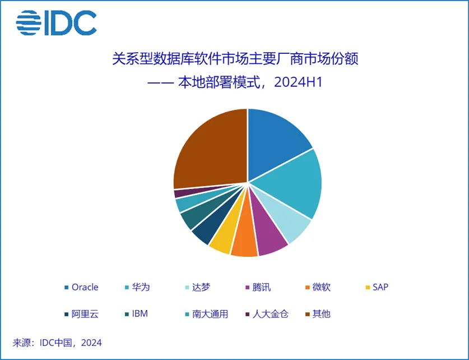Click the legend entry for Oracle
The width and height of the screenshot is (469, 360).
pos(84,287)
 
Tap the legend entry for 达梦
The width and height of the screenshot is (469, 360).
pos(200,287)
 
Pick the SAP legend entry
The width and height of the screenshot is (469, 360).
pos(379,287)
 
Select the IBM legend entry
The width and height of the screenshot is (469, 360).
pos(140,313)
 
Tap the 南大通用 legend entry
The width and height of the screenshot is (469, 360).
pos(208,313)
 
